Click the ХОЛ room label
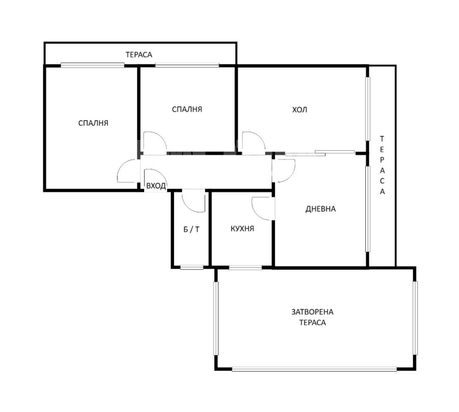[299, 110]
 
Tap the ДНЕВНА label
[320, 209]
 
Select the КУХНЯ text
[242, 229]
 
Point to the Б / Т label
[191, 229]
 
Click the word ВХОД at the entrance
[156, 186]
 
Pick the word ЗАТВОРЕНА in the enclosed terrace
[312, 312]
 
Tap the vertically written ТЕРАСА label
[382, 165]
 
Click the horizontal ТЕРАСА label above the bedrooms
[139, 55]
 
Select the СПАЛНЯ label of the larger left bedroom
[93, 123]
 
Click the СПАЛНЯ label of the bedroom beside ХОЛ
[187, 109]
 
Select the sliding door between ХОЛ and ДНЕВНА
[320, 153]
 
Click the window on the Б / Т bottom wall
[192, 267]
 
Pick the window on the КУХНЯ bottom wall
[245, 267]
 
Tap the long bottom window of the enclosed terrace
[314, 369]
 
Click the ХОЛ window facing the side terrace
[368, 109]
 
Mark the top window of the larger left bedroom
[93, 65]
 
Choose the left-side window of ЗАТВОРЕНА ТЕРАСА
[216, 319]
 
